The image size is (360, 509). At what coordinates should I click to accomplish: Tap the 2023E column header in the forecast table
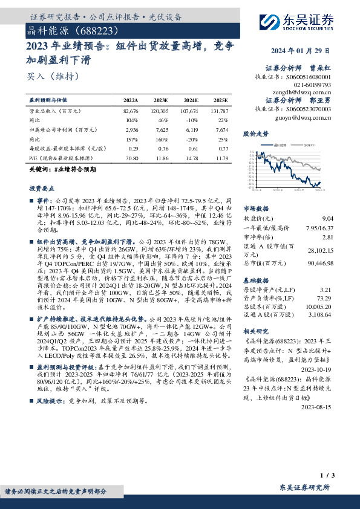coord(161,100)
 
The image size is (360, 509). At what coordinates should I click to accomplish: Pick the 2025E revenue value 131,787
coord(218,112)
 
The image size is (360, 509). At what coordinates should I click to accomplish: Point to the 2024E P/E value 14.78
coord(190,157)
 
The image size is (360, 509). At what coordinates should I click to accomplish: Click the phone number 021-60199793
coord(312,85)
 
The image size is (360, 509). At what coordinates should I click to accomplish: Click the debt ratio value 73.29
coord(324,299)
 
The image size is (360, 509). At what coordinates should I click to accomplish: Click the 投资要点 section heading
coord(41,189)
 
